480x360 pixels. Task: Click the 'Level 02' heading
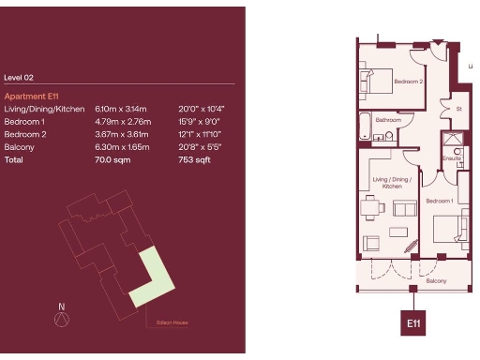point(19,79)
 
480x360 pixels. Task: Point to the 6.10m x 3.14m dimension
point(117,110)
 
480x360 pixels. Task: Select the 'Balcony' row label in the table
point(19,148)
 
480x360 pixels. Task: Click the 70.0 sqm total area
point(112,160)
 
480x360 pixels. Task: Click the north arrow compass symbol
point(62,319)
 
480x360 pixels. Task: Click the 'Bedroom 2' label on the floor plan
point(409,82)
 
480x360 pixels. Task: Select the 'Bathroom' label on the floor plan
point(389,120)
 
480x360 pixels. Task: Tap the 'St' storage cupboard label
point(459,109)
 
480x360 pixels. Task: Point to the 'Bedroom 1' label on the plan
point(440,202)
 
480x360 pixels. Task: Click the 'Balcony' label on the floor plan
point(437,280)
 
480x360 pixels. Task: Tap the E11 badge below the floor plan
point(412,322)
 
